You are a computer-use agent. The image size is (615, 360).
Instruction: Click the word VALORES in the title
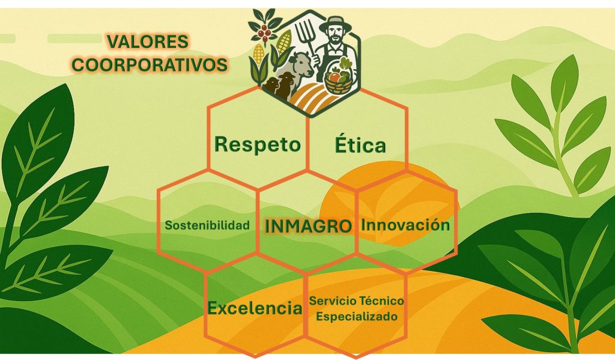[x=148, y=41]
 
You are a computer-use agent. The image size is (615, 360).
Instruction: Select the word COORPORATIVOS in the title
[x=150, y=65]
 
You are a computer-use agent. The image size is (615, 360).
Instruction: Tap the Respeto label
[x=257, y=144]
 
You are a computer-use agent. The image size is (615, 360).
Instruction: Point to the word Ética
[x=360, y=144]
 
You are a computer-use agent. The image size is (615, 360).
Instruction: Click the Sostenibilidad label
[x=207, y=225]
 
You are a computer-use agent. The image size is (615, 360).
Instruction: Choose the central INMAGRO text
[x=308, y=226]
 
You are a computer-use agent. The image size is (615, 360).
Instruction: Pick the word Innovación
[x=405, y=225]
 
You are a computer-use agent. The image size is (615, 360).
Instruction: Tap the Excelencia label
[x=255, y=307]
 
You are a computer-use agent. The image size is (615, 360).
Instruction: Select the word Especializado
[x=357, y=316]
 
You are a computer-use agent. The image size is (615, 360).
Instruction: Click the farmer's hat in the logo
[x=335, y=24]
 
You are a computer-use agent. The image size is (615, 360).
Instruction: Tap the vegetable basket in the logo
[x=338, y=79]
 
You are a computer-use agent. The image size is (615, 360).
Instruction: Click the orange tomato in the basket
[x=334, y=76]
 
